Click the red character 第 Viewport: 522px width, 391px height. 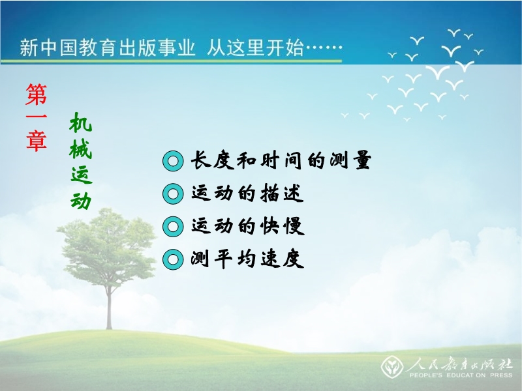[37, 94]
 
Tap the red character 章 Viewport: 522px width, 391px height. [37, 140]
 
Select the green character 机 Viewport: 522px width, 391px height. [81, 123]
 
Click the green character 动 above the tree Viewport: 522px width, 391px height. [81, 200]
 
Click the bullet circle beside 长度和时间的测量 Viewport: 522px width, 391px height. [173, 161]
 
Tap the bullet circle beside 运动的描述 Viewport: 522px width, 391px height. [173, 194]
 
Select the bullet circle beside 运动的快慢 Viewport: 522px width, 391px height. [173, 226]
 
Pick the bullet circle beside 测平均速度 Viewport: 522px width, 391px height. [173, 259]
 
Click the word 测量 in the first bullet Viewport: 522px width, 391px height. [350, 160]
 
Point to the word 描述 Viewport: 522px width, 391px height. [282, 193]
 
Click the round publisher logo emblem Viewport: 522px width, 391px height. [392, 366]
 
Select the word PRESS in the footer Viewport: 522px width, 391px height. [501, 375]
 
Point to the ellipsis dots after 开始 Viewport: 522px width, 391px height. [324, 48]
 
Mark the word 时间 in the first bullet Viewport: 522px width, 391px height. [281, 160]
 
